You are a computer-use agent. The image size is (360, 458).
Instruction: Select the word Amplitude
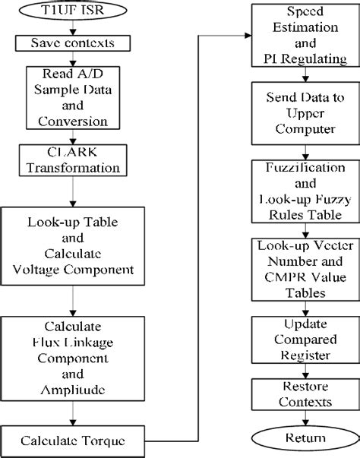(x=73, y=390)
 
